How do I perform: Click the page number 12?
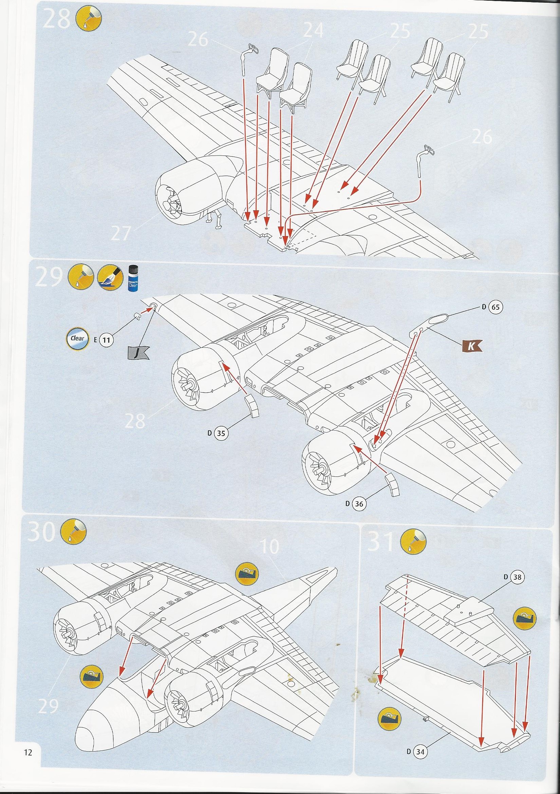28,778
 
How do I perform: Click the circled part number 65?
496,307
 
